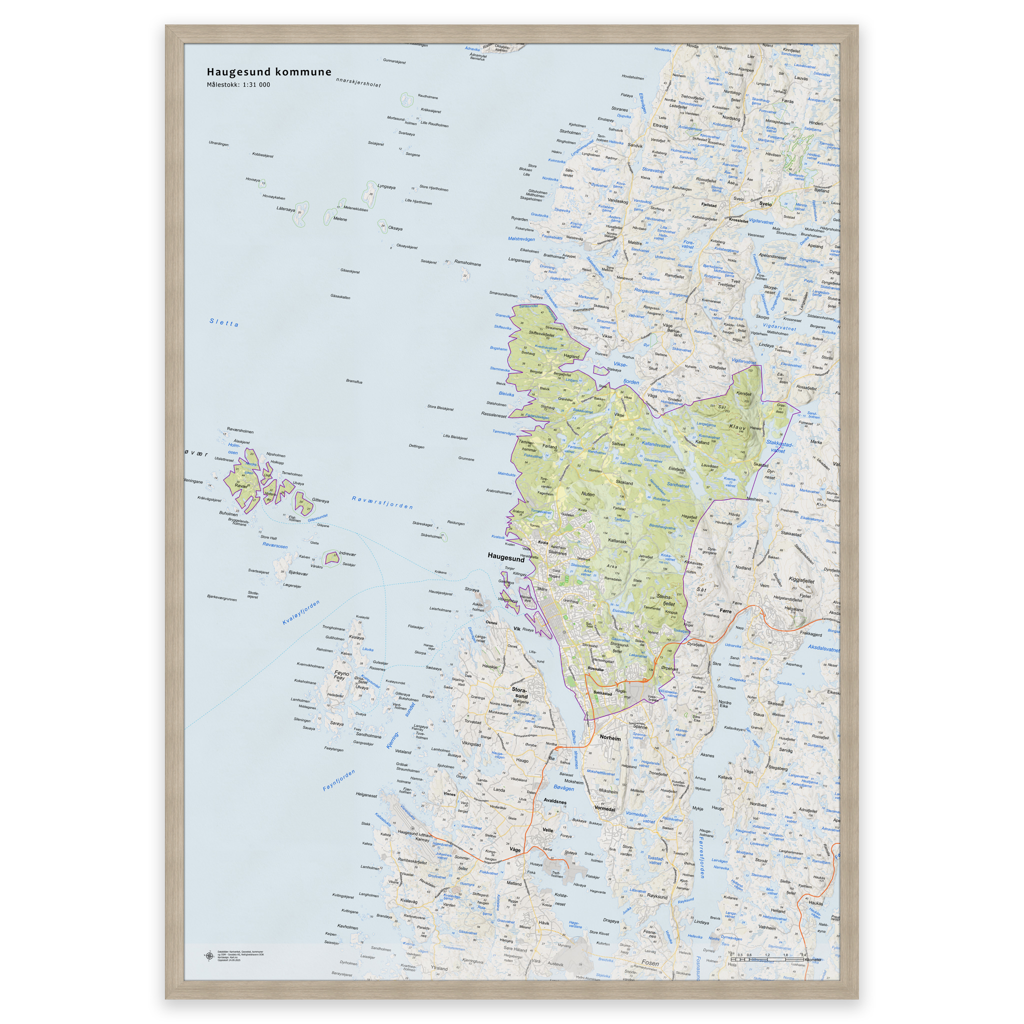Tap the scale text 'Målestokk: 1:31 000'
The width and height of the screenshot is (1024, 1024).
click(x=238, y=85)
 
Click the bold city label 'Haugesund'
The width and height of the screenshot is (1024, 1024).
click(x=505, y=558)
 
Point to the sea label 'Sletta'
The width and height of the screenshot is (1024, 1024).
click(x=223, y=322)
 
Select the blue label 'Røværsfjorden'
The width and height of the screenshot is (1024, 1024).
click(x=382, y=502)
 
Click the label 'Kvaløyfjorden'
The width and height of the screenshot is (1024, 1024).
click(x=301, y=612)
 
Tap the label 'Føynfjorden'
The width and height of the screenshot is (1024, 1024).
click(x=338, y=780)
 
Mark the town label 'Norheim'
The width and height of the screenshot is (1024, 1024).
click(x=610, y=737)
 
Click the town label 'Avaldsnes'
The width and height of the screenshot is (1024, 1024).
click(x=555, y=801)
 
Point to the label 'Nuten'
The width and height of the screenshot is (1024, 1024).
click(x=588, y=493)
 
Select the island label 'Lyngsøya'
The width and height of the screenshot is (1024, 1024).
click(x=386, y=186)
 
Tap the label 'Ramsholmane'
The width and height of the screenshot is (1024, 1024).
click(x=467, y=263)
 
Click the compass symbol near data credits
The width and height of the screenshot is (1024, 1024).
click(x=209, y=956)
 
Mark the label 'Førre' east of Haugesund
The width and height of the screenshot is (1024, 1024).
click(x=725, y=610)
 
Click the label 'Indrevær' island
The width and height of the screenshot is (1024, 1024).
click(x=347, y=553)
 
